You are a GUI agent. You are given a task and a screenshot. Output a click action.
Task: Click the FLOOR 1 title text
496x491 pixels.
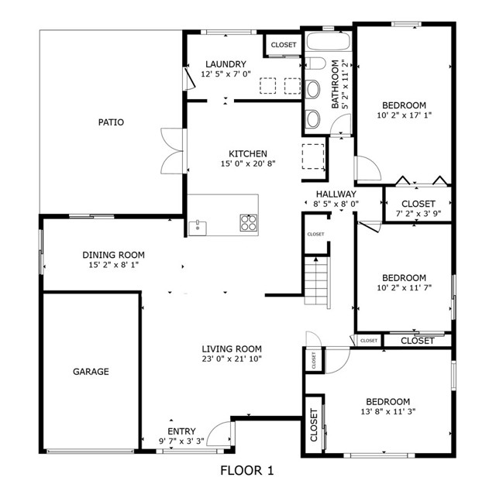point(247,470)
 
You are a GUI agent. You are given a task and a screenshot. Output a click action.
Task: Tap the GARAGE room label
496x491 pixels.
point(91,372)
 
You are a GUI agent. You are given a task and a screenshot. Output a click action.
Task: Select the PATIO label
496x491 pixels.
point(111,122)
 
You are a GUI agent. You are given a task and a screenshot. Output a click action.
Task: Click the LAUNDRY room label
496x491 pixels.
point(225,64)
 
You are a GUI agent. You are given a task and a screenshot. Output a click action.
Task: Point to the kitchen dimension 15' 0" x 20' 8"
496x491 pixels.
point(248,164)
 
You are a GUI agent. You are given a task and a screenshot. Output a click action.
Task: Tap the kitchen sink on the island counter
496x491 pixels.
point(198,226)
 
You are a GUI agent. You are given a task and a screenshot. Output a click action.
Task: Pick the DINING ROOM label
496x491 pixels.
point(114,255)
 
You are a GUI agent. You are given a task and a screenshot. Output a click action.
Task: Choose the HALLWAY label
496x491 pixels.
point(336,194)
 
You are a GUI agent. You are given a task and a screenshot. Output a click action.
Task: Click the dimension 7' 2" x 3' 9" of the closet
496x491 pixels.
point(418,215)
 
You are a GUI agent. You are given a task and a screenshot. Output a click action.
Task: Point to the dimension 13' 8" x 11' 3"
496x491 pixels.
point(387,413)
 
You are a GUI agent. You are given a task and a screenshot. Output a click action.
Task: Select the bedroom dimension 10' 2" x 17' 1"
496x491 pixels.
point(403,116)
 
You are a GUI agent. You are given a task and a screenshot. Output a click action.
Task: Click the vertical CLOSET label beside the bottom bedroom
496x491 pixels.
point(314,426)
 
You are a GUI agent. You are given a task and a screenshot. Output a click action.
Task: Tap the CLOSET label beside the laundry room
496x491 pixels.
point(284,45)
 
